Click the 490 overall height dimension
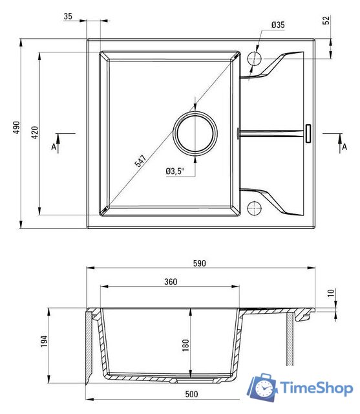17,127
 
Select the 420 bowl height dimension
35,133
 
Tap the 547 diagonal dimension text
140,161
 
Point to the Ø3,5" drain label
175,171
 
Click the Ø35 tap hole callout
278,25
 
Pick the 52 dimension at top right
326,20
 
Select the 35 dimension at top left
68,16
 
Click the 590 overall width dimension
199,263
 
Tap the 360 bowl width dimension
171,282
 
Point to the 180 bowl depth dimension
185,345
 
